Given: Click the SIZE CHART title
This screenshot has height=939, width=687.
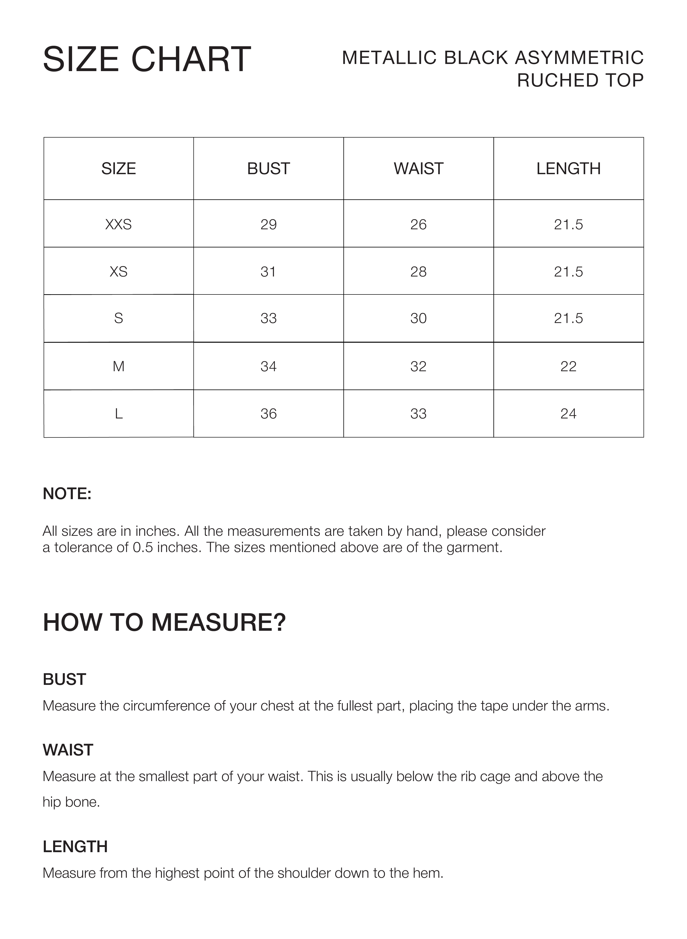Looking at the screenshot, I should coord(147,60).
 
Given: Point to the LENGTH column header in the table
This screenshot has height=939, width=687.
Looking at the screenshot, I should coord(568,169).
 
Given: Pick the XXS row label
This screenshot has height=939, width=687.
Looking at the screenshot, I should coord(119,224).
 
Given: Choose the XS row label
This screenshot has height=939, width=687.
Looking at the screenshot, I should coord(119,272).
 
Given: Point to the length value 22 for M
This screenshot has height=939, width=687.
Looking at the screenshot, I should coord(568,366).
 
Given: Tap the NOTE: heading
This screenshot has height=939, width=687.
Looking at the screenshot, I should coord(67,494).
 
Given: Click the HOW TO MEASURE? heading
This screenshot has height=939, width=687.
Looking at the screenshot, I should coord(164,623).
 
